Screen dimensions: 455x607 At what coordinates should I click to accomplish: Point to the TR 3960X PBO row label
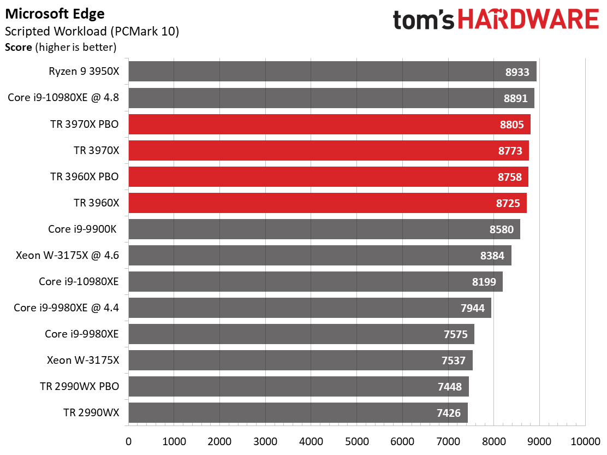click(x=85, y=177)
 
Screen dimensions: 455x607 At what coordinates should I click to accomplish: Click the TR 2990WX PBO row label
click(x=80, y=387)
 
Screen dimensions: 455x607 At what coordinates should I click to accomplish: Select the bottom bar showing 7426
click(x=297, y=413)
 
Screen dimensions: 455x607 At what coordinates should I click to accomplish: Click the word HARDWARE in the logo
click(x=528, y=20)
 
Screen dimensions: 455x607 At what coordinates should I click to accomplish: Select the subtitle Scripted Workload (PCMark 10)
click(x=92, y=31)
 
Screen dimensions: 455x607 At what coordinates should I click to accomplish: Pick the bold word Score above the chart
click(x=19, y=48)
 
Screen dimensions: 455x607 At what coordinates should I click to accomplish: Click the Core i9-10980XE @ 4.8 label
click(x=63, y=98)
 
